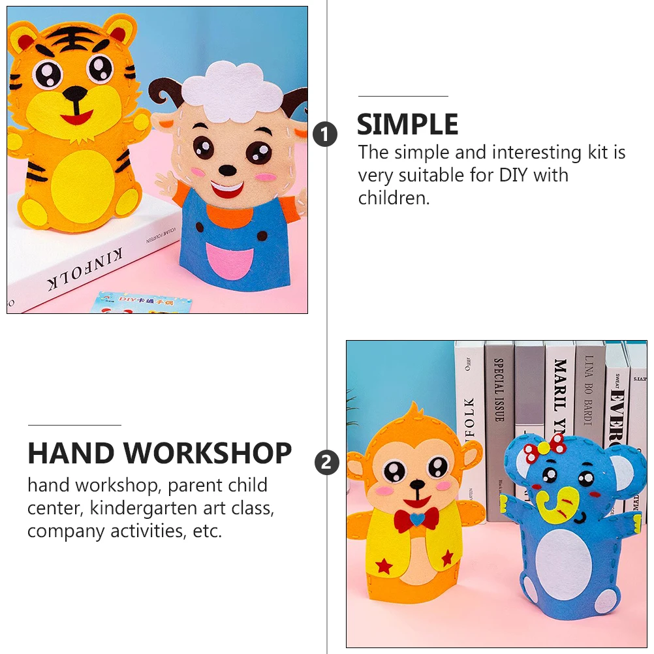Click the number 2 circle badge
point(327,463)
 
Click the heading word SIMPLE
point(407,124)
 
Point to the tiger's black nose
point(74,93)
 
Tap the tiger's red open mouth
point(77,118)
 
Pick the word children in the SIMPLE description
point(393,198)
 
